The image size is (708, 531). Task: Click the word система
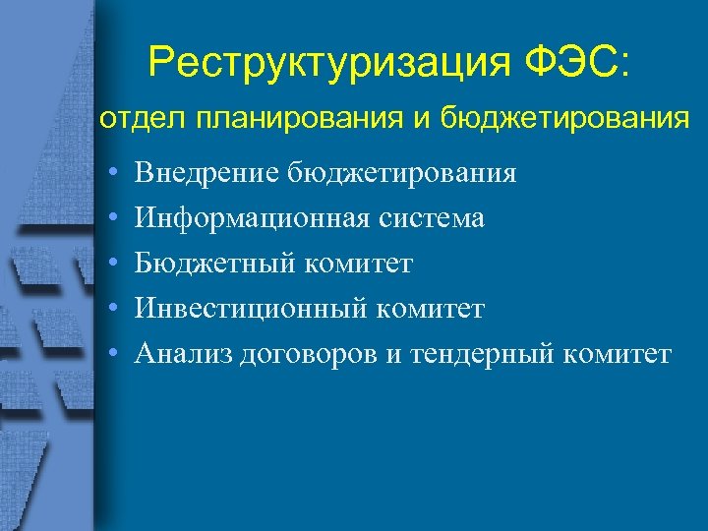[x=432, y=218]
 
